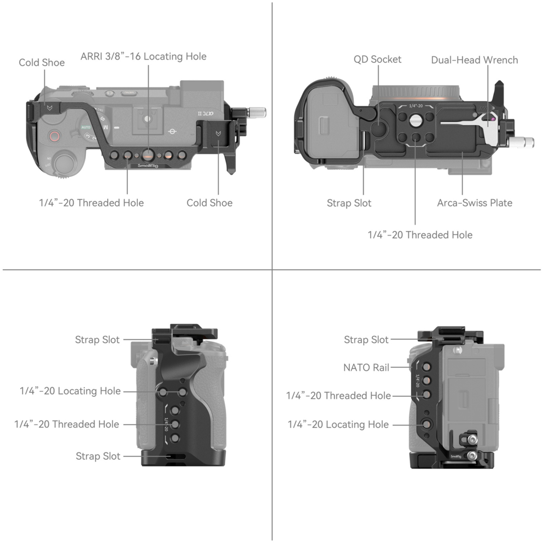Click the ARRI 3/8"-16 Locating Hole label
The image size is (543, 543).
(x=143, y=56)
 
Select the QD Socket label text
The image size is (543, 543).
(x=377, y=59)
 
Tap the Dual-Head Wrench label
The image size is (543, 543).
(x=474, y=60)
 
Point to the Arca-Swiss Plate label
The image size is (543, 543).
(x=475, y=203)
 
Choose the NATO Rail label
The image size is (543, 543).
(x=366, y=367)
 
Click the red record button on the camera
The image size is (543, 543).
(x=54, y=136)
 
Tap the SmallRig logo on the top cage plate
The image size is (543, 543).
(x=148, y=166)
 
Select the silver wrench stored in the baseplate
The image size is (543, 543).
(x=467, y=122)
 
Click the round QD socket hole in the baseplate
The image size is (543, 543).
(x=378, y=128)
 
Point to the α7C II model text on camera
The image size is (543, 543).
(x=206, y=114)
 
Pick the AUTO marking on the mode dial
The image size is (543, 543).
(x=86, y=127)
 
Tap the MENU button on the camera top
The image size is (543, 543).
(x=129, y=93)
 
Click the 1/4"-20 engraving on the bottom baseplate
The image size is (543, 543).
(x=416, y=106)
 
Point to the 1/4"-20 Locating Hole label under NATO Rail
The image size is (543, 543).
(x=338, y=424)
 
